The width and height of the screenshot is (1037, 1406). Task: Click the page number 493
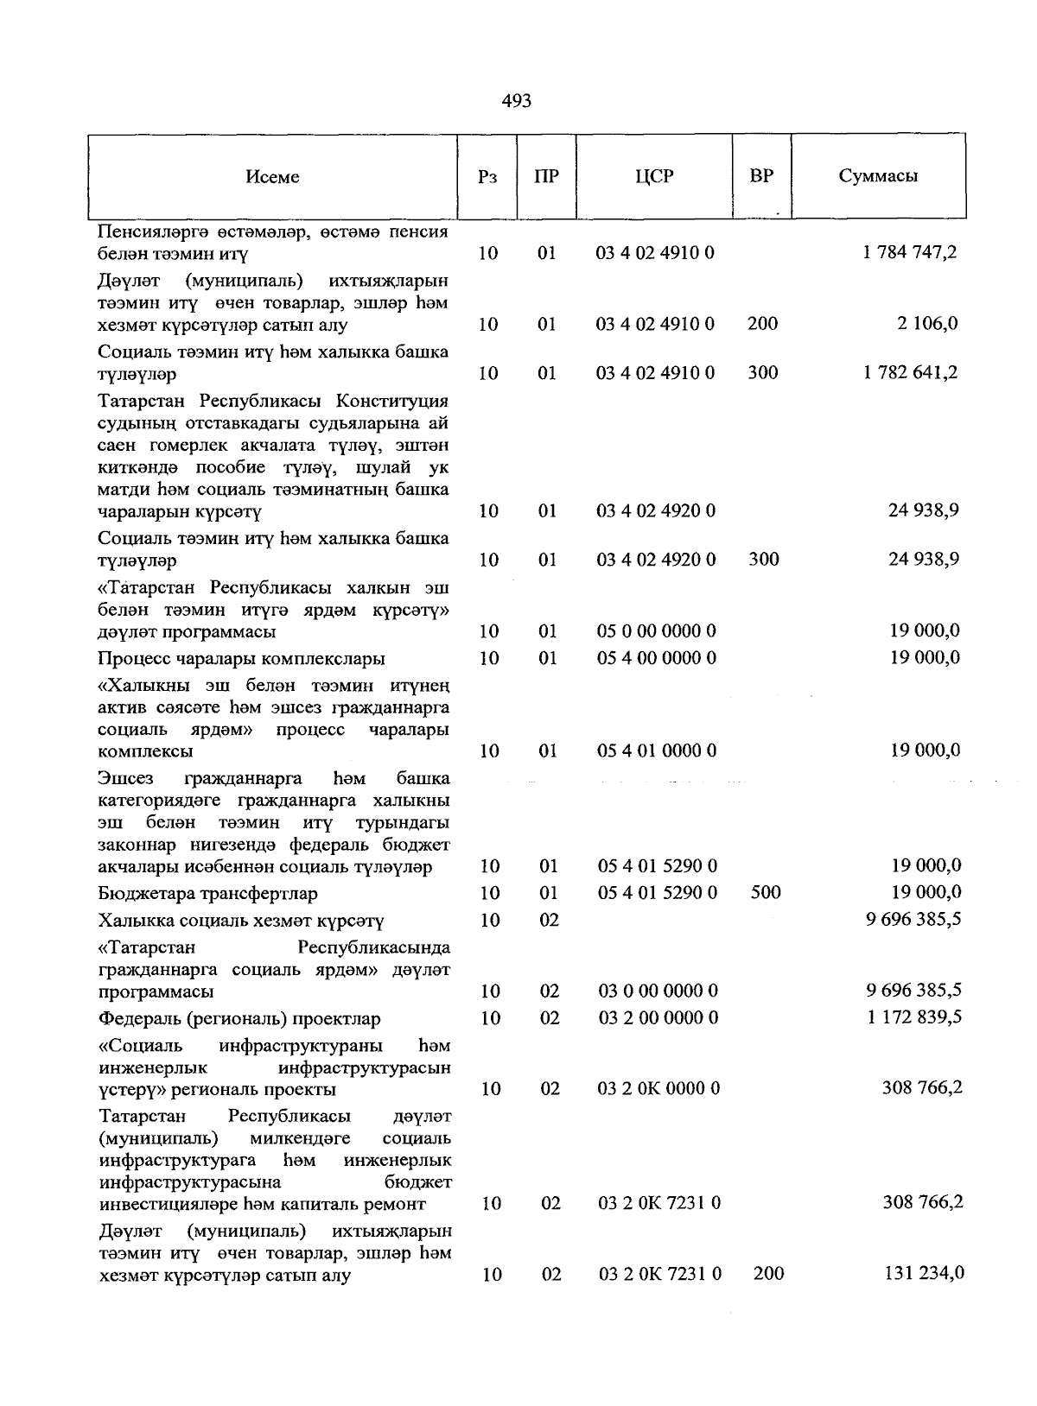click(x=516, y=101)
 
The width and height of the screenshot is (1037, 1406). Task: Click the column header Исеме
click(x=272, y=177)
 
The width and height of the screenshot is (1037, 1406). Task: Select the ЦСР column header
click(x=653, y=176)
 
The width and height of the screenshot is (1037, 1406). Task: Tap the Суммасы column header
click(x=878, y=176)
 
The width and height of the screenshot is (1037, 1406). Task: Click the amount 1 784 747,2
click(x=910, y=252)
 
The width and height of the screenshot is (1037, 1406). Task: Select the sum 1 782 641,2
click(x=910, y=373)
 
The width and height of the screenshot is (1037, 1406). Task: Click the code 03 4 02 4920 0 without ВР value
click(x=656, y=510)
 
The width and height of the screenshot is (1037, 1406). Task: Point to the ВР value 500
click(x=765, y=892)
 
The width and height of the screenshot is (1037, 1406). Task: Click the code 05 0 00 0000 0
click(x=657, y=631)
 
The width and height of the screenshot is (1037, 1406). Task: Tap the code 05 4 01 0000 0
click(x=657, y=750)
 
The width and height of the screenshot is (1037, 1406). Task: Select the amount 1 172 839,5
click(x=914, y=1017)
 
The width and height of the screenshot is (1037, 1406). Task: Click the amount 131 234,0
click(x=923, y=1273)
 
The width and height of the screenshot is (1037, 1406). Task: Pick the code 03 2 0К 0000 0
click(x=658, y=1088)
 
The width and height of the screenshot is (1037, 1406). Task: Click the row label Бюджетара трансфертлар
click(x=208, y=893)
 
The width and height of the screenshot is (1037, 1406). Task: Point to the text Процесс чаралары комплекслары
click(x=242, y=659)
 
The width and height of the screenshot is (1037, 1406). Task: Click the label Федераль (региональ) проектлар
click(x=239, y=1019)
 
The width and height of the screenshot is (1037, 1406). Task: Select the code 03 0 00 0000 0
click(x=658, y=991)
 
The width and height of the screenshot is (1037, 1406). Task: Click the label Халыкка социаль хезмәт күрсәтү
click(x=241, y=921)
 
